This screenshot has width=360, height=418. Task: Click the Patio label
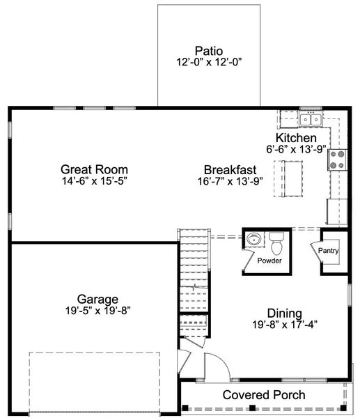pos(208,50)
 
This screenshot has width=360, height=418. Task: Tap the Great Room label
pos(94,169)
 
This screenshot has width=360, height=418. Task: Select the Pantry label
pos(328,250)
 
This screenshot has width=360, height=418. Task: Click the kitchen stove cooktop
pos(337,160)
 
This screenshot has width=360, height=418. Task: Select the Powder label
pos(269,261)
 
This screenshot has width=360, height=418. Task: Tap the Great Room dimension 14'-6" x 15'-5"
pos(94,181)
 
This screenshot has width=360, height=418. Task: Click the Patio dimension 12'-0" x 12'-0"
pos(208,62)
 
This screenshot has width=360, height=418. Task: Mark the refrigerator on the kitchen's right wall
pos(337,211)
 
